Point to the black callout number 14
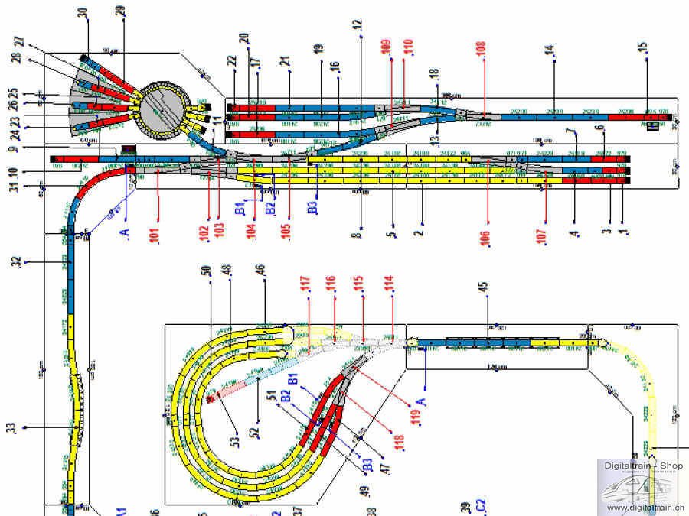(549, 50)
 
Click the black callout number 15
(645, 48)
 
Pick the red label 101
(155, 234)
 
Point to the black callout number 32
(15, 262)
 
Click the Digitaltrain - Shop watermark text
(643, 466)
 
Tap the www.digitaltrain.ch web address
(646, 508)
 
